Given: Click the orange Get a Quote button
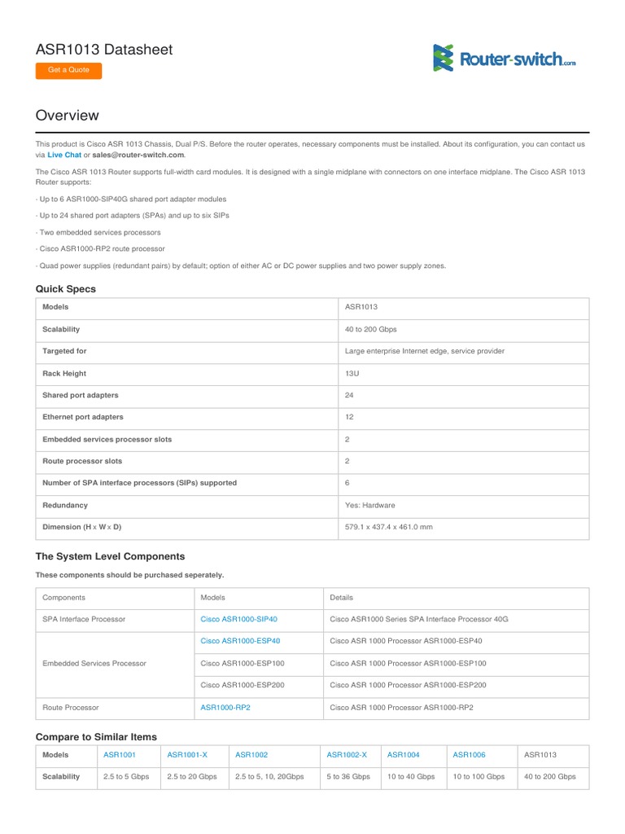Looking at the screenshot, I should [x=68, y=70].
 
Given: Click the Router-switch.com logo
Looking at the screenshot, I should [x=505, y=59].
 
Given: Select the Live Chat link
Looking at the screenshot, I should [x=64, y=155].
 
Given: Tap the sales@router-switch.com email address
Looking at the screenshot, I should [x=138, y=155].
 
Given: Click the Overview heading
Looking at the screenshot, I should [x=67, y=116].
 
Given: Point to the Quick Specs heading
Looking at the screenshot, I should [x=65, y=289].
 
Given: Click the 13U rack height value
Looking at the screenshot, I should [x=352, y=374].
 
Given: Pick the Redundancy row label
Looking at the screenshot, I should [x=65, y=506].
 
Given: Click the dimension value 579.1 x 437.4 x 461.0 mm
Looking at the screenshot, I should [x=389, y=528].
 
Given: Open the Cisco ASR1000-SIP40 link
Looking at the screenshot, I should [x=239, y=620].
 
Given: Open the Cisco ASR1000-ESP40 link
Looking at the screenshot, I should [x=240, y=642].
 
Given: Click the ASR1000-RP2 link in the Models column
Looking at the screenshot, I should [x=225, y=709].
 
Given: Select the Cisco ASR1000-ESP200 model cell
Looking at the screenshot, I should [x=243, y=686].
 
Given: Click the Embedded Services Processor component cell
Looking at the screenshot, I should [x=94, y=664].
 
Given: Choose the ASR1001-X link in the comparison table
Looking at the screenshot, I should [x=186, y=756].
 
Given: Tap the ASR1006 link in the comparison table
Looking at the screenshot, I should [x=469, y=756].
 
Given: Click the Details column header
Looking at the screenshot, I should [x=342, y=598].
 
